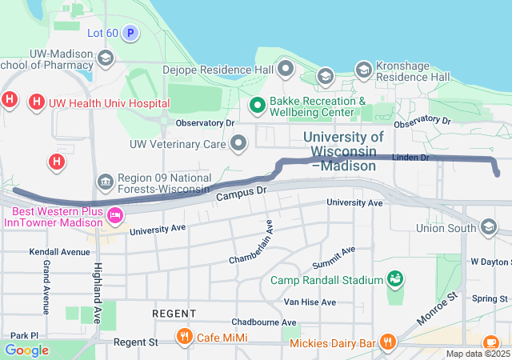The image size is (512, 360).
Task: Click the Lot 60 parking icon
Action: coord(130,33)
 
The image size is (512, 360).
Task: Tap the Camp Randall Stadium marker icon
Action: coord(394,279)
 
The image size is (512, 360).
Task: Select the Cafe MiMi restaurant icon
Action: coord(185,336)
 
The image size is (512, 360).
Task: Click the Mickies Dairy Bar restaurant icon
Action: coord(388,342)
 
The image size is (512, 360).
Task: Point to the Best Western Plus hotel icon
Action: coord(115,214)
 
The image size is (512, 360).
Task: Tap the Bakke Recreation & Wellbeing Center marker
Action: coord(258,104)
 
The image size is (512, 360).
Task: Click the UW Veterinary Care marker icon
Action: coord(238,144)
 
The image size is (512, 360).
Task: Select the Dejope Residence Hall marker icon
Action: coord(286,69)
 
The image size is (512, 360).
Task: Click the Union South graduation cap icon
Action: coord(489,228)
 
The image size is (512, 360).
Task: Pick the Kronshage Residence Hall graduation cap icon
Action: coord(363,70)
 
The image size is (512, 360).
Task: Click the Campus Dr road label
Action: coord(240,193)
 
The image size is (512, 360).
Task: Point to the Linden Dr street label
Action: coord(412,158)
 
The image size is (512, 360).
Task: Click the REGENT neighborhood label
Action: coord(173,313)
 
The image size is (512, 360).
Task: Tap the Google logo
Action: coord(26,350)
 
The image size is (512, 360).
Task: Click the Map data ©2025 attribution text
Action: coord(478,354)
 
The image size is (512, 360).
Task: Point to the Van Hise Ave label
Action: coord(310,302)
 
